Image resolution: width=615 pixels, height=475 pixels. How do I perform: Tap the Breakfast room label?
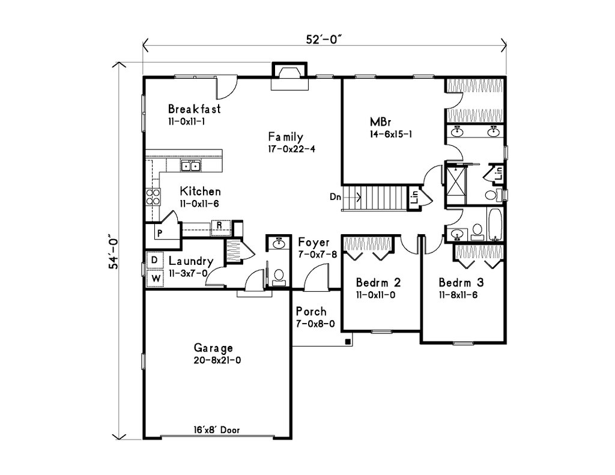click(x=194, y=109)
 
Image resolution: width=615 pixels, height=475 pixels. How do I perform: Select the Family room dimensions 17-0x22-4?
click(x=291, y=148)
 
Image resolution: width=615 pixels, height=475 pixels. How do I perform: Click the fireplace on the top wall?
click(x=288, y=75)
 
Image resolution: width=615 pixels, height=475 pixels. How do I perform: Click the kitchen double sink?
click(x=195, y=165)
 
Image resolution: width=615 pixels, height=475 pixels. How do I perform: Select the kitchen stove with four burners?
click(x=153, y=197)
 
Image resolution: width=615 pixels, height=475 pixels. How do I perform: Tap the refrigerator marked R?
click(x=220, y=226)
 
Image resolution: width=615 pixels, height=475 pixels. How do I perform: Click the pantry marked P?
click(x=160, y=232)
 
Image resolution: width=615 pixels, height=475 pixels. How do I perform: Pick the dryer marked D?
click(x=154, y=259)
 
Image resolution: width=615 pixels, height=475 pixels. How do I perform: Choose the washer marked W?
click(x=154, y=279)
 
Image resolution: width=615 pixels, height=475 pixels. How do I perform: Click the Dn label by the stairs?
click(x=336, y=196)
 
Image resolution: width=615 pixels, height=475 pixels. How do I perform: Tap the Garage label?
click(x=213, y=348)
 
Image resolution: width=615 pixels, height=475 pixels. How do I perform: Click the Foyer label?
click(x=314, y=243)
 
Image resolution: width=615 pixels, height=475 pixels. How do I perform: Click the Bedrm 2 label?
click(x=378, y=282)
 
